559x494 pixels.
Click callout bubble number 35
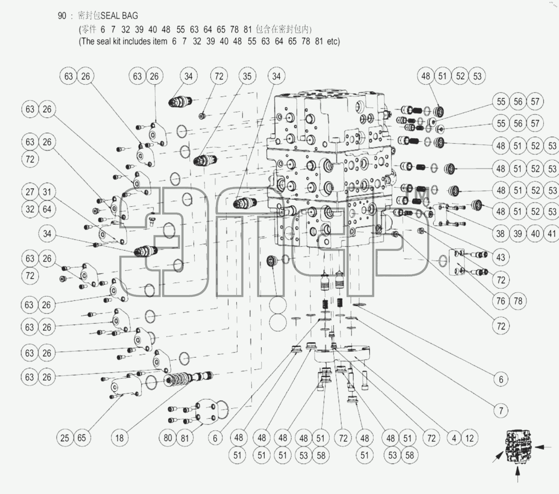pyautogui.click(x=247, y=76)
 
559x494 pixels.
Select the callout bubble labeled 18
pyautogui.click(x=119, y=438)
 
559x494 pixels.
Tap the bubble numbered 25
pyautogui.click(x=65, y=438)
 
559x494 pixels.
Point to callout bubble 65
pyautogui.click(x=82, y=438)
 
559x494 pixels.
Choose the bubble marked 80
pyautogui.click(x=168, y=438)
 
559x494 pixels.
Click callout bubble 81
pyautogui.click(x=185, y=438)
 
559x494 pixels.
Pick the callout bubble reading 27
pyautogui.click(x=30, y=192)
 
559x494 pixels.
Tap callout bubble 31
pyautogui.click(x=47, y=192)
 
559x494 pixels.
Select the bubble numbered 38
pyautogui.click(x=500, y=234)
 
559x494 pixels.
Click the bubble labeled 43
pyautogui.click(x=501, y=257)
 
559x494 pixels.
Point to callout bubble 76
pyautogui.click(x=501, y=300)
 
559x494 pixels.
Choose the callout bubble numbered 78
pyautogui.click(x=518, y=300)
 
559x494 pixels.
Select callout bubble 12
pyautogui.click(x=470, y=438)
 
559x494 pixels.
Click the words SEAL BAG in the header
pyautogui.click(x=119, y=15)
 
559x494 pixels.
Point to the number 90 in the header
pyautogui.click(x=62, y=16)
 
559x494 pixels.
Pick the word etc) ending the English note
pyautogui.click(x=333, y=41)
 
